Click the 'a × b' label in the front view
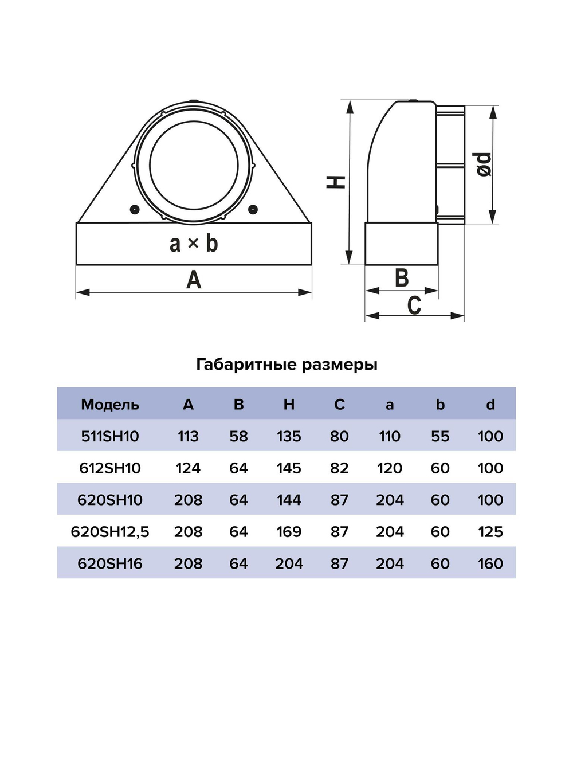[194, 244]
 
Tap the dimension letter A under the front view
[194, 280]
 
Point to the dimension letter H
[336, 182]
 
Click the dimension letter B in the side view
[402, 278]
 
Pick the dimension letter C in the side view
[414, 305]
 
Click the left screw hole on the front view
[134, 210]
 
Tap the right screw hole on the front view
[253, 210]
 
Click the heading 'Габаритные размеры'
[286, 365]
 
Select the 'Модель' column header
[110, 405]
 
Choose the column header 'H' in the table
[289, 405]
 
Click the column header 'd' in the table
[490, 405]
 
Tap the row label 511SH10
[110, 436]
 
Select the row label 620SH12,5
[110, 532]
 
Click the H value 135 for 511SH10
[289, 436]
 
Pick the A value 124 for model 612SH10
[188, 468]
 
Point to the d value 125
[490, 532]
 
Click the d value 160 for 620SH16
[490, 563]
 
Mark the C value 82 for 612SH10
[339, 468]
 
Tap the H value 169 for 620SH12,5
[289, 532]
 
